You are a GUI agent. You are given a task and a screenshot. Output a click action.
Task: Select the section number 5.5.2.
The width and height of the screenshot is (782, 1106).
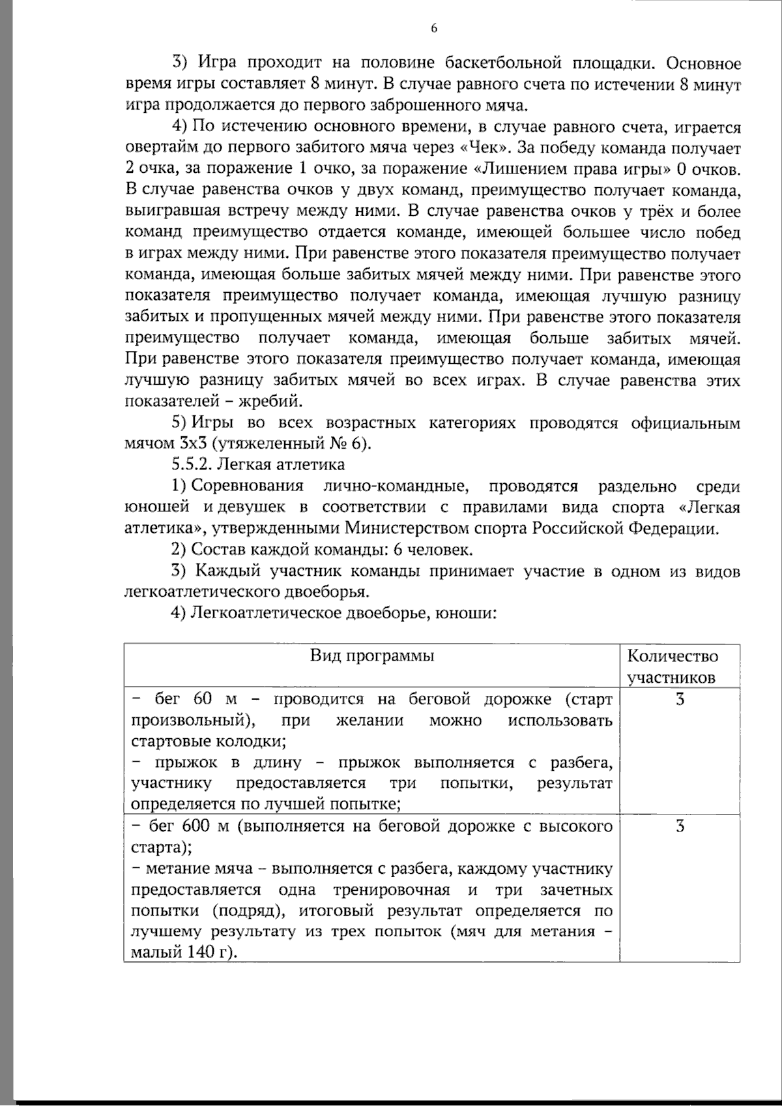192,464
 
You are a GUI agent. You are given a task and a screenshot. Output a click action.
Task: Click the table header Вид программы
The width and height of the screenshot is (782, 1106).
371,656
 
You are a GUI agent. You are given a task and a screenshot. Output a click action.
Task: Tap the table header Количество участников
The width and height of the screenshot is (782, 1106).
672,666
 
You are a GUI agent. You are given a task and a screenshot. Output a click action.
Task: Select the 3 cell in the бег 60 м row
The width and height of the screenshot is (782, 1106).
680,700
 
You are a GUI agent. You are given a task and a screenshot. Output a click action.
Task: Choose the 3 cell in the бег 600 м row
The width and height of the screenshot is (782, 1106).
680,826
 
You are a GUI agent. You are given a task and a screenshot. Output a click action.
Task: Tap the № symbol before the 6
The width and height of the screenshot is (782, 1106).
337,443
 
